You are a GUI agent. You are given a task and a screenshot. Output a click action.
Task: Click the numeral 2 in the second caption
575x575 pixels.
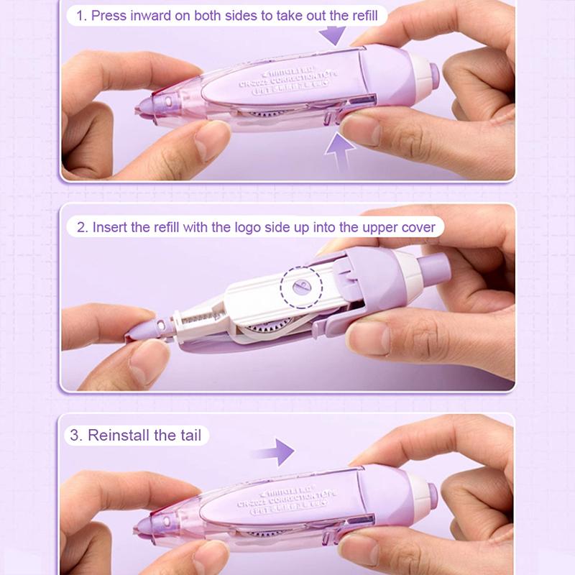click(x=82, y=227)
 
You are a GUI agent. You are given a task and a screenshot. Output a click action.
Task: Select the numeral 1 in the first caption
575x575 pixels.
click(x=81, y=15)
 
